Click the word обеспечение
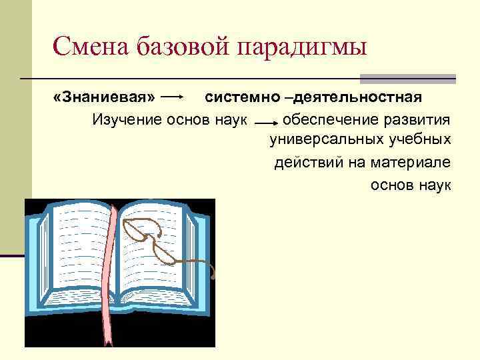(x=329, y=120)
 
